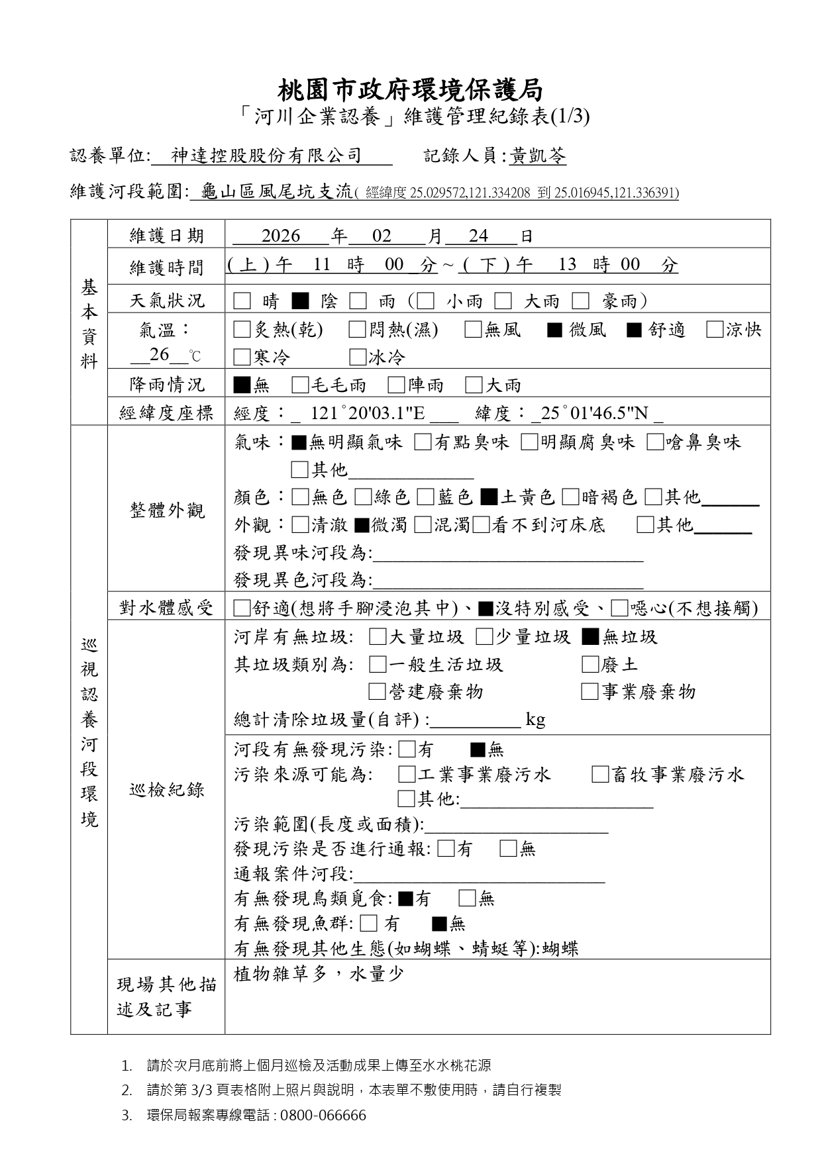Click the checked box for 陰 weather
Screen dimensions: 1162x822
pyautogui.click(x=300, y=301)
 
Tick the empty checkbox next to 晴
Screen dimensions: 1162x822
pyautogui.click(x=242, y=301)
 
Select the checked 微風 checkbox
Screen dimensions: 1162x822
pyautogui.click(x=554, y=330)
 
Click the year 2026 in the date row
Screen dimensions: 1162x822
pyautogui.click(x=281, y=236)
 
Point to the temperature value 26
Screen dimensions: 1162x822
pyautogui.click(x=159, y=355)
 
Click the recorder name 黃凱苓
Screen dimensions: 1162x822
pyautogui.click(x=538, y=156)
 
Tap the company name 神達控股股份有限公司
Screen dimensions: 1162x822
pyautogui.click(x=266, y=156)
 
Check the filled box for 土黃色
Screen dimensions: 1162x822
pyautogui.click(x=489, y=497)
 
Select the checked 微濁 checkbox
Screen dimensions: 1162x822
pyautogui.click(x=362, y=525)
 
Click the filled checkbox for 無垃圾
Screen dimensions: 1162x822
pyautogui.click(x=590, y=637)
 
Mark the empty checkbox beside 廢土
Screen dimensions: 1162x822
pyautogui.click(x=590, y=664)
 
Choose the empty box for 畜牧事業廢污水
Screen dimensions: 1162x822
pyautogui.click(x=600, y=774)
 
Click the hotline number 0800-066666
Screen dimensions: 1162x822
pyautogui.click(x=323, y=1115)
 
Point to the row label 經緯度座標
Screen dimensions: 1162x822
pyautogui.click(x=166, y=414)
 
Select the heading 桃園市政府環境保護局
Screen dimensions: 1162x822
pyautogui.click(x=411, y=89)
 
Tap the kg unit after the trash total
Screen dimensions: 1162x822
pyautogui.click(x=535, y=719)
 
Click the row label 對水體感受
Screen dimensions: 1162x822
pyautogui.click(x=166, y=608)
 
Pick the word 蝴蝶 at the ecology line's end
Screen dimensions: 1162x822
pyautogui.click(x=560, y=949)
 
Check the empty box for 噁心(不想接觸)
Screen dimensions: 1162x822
pyautogui.click(x=620, y=608)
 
